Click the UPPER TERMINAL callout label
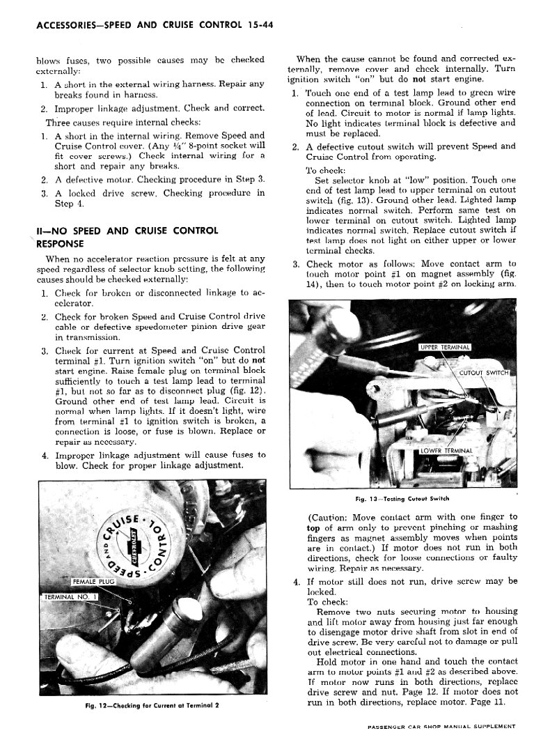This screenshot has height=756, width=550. (x=445, y=347)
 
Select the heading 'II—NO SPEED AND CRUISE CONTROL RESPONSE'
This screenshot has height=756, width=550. (x=127, y=237)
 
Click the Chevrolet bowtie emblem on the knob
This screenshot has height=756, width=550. (x=139, y=540)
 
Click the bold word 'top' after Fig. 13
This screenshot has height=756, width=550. (x=314, y=528)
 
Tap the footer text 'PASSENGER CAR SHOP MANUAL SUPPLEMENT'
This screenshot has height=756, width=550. (x=441, y=726)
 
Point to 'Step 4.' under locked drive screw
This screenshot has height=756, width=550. (x=69, y=203)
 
